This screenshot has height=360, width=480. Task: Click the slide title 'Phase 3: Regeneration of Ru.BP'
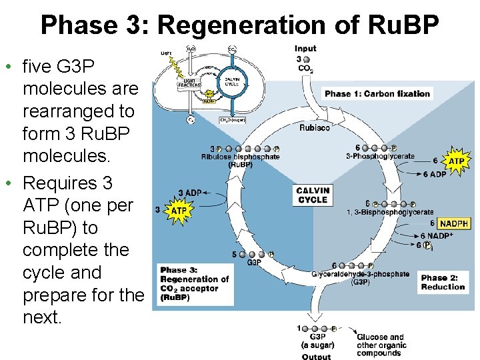pyautogui.click(x=240, y=25)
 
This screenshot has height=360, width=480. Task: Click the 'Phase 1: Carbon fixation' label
pyautogui.click(x=377, y=94)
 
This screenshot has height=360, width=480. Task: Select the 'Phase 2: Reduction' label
pyautogui.click(x=443, y=282)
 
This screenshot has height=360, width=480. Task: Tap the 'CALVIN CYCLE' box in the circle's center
pyautogui.click(x=313, y=195)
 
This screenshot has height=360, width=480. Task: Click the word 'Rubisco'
pyautogui.click(x=314, y=127)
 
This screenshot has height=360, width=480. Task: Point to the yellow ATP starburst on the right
pyautogui.click(x=456, y=161)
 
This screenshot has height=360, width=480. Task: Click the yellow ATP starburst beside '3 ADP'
pyautogui.click(x=179, y=211)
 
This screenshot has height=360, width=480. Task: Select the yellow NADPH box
pyautogui.click(x=453, y=223)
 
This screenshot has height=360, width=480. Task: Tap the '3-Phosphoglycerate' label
pyautogui.click(x=380, y=157)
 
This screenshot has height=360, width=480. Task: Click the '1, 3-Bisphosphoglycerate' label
pyautogui.click(x=390, y=212)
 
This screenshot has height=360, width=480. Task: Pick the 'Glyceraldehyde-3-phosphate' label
pyautogui.click(x=360, y=274)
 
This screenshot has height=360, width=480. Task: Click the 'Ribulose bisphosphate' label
pyautogui.click(x=240, y=157)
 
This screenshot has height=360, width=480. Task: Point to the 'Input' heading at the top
pyautogui.click(x=305, y=49)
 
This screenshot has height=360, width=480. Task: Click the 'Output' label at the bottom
pyautogui.click(x=315, y=356)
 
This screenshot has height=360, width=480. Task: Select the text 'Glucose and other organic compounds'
pyautogui.click(x=381, y=345)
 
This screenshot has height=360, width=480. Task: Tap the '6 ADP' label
pyautogui.click(x=435, y=175)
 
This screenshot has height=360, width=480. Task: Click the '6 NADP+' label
pyautogui.click(x=436, y=236)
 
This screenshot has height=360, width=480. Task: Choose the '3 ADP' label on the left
pyautogui.click(x=190, y=193)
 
